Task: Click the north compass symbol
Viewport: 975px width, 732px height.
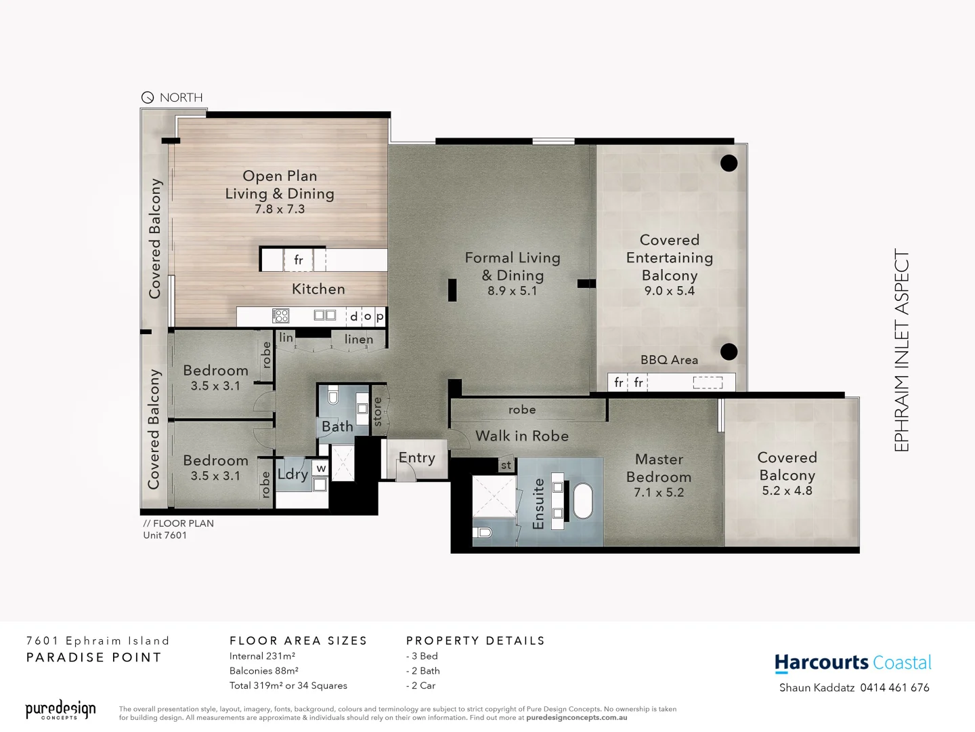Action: point(148,98)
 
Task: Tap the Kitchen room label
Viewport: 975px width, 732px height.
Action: point(318,289)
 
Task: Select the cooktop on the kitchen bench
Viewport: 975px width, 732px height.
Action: point(281,315)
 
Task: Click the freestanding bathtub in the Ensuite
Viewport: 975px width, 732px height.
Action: point(582,501)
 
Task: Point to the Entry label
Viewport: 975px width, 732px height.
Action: point(416,458)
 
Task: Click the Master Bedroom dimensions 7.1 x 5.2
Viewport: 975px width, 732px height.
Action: point(659,493)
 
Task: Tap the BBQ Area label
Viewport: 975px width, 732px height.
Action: point(669,360)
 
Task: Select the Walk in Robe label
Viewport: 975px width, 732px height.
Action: point(522,436)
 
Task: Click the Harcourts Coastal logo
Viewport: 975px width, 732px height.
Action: point(852,663)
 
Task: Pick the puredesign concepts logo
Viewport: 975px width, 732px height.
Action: point(60,710)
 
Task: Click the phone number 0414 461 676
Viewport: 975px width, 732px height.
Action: point(894,688)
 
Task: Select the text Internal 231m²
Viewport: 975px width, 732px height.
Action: point(262,656)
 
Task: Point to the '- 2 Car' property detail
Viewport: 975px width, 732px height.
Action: point(421,686)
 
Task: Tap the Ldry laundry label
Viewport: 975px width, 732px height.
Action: point(292,474)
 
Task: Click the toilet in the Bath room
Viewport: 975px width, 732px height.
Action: point(332,396)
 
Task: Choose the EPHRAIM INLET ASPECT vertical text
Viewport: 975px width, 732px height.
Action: point(902,350)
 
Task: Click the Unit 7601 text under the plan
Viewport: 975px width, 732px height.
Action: point(165,535)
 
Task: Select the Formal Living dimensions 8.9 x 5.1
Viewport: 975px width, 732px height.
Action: point(512,291)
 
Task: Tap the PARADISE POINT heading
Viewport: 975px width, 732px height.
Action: point(94,657)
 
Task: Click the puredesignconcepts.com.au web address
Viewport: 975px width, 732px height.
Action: point(576,718)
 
